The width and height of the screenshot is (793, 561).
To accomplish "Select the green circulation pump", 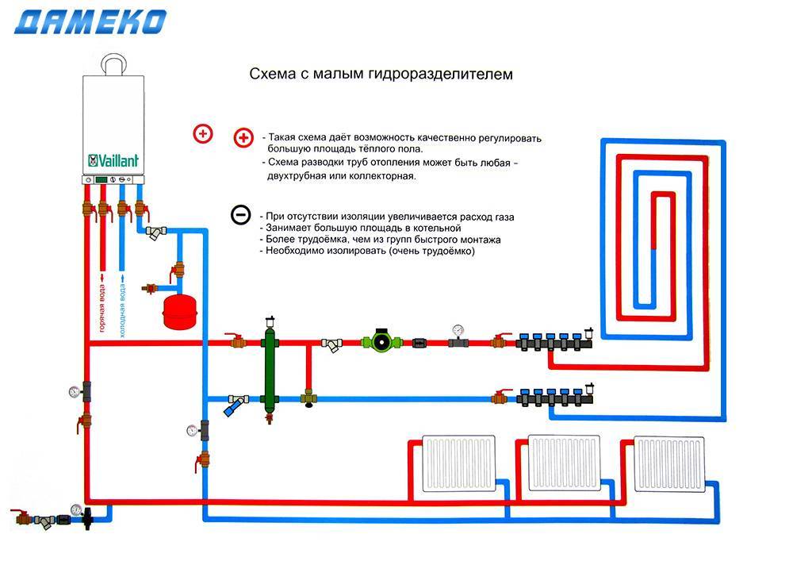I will coord(377,344).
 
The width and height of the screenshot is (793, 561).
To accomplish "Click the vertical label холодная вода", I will coord(122,306).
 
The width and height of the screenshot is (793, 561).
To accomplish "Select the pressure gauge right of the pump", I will coord(457,330).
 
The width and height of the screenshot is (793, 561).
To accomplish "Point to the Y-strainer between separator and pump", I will coord(333,344).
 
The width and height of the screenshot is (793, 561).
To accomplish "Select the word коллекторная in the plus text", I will coord(382,176).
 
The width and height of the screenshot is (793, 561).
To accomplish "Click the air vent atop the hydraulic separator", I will coord(270,320).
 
